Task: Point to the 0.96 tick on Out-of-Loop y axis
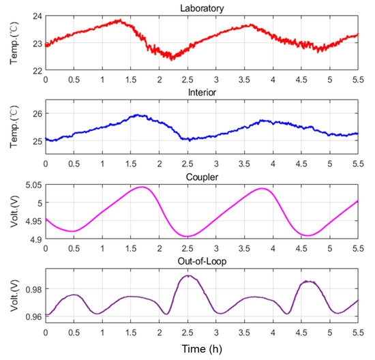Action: point(33,316)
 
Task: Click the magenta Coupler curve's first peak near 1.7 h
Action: point(142,187)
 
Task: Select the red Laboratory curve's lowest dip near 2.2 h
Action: point(172,59)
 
